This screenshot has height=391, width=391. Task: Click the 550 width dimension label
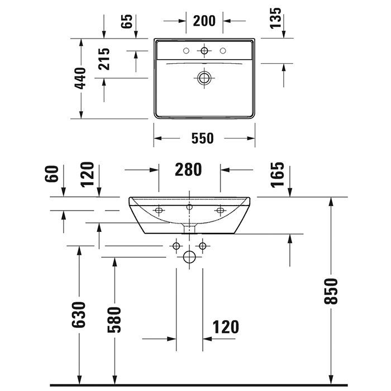[x=202, y=139]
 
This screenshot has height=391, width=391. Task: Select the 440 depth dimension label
[x=80, y=78]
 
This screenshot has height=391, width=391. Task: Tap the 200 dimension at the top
[x=204, y=21]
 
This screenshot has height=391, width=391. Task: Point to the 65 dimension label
[x=127, y=21]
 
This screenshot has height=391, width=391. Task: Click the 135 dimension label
[x=275, y=18]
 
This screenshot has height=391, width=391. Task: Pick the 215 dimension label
[x=104, y=59]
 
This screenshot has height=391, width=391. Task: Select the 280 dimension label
[x=188, y=170]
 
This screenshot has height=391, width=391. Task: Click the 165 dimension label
[x=277, y=174]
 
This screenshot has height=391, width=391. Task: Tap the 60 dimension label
[x=51, y=174]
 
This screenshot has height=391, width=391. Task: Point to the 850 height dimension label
[x=331, y=291]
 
